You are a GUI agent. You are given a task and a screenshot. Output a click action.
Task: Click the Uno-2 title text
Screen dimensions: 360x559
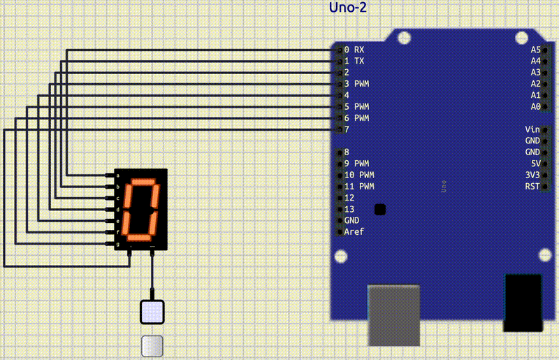[x=347, y=8]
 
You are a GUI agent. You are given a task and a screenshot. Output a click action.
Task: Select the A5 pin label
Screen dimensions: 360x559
[x=535, y=50]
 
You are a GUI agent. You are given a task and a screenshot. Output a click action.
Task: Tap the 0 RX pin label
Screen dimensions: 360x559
[x=354, y=50]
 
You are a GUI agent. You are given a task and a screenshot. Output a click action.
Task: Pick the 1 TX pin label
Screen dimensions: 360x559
[x=354, y=61]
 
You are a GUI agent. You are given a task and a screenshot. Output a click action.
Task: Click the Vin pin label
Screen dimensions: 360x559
[x=532, y=129]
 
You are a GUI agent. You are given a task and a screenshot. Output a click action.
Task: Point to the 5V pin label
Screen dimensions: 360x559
[x=535, y=163]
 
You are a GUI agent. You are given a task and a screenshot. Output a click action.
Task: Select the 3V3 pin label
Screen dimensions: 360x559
[x=532, y=174]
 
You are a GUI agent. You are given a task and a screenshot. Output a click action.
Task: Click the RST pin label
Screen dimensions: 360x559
[x=532, y=186]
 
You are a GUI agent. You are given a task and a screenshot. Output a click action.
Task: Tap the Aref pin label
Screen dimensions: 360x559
[x=354, y=231]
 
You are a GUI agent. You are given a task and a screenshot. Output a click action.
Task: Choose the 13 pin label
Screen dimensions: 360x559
[x=349, y=209]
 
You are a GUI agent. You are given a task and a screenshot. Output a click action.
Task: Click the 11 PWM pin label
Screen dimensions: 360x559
[x=359, y=186]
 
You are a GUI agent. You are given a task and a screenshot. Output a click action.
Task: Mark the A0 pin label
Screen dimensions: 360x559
[x=535, y=106]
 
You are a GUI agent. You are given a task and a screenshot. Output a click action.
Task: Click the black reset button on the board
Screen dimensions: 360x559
[x=380, y=209]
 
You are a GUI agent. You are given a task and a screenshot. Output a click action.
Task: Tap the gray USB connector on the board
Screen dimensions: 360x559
[x=394, y=315]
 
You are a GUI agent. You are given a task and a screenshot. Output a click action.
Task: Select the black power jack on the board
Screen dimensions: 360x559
[x=523, y=303]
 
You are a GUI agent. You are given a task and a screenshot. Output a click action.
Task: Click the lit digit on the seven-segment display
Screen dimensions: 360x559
[x=144, y=209]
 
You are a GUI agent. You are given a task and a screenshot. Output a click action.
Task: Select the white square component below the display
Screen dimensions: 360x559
[x=152, y=312]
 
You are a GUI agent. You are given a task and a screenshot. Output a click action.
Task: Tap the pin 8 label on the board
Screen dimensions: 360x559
[x=347, y=152]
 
